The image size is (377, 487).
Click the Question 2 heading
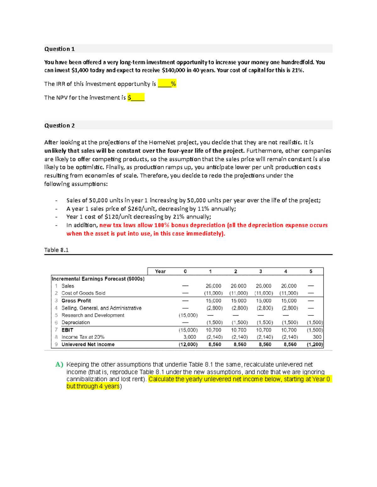pos(59,125)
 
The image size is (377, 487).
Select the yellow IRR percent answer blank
pos(167,84)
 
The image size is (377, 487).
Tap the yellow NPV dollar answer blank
pos(136,98)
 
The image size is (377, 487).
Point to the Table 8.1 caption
pos(56,250)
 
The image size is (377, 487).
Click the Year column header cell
pos(160,271)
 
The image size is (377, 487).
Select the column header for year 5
pos(311,271)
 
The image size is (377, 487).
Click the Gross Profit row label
pos(76,300)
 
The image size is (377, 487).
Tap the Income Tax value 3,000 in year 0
pos(190,337)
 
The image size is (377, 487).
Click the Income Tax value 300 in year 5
pos(317,337)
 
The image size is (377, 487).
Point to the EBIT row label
pos(67,330)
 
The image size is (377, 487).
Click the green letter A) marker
pos(59,364)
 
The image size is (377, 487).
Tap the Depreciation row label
pos(75,322)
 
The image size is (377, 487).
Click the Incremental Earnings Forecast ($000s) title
pos(98,279)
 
